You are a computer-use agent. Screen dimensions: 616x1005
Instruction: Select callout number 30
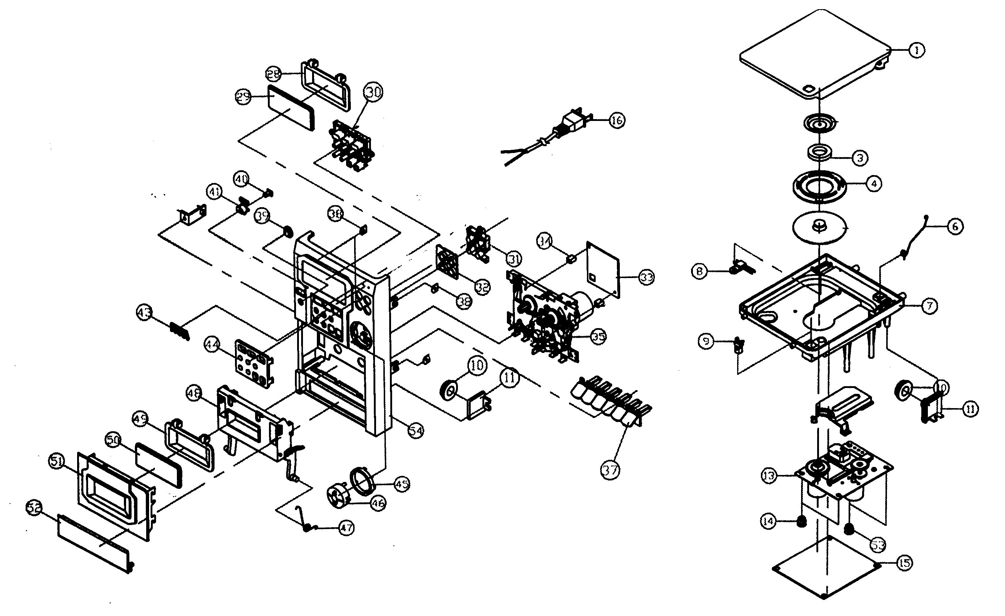373,92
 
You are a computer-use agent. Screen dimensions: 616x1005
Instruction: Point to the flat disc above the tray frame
820,229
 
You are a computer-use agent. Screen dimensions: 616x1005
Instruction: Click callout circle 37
610,470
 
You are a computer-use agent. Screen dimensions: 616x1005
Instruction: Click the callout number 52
34,509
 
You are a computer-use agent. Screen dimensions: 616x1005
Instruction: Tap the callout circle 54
416,430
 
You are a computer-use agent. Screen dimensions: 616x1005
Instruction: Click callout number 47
346,528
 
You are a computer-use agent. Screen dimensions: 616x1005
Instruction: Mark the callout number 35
598,337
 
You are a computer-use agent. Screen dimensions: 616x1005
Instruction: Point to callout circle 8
700,271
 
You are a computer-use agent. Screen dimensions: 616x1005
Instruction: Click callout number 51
56,462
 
